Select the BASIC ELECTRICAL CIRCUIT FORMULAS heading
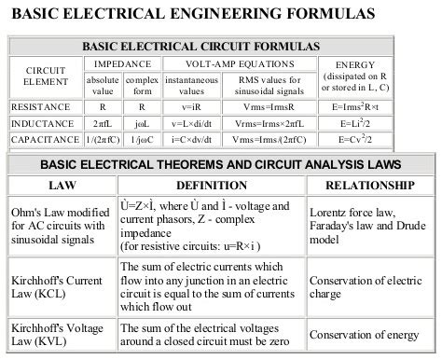[200, 46]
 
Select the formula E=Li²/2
[356, 123]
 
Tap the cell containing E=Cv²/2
[356, 140]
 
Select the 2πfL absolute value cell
[103, 123]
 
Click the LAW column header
[60, 185]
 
